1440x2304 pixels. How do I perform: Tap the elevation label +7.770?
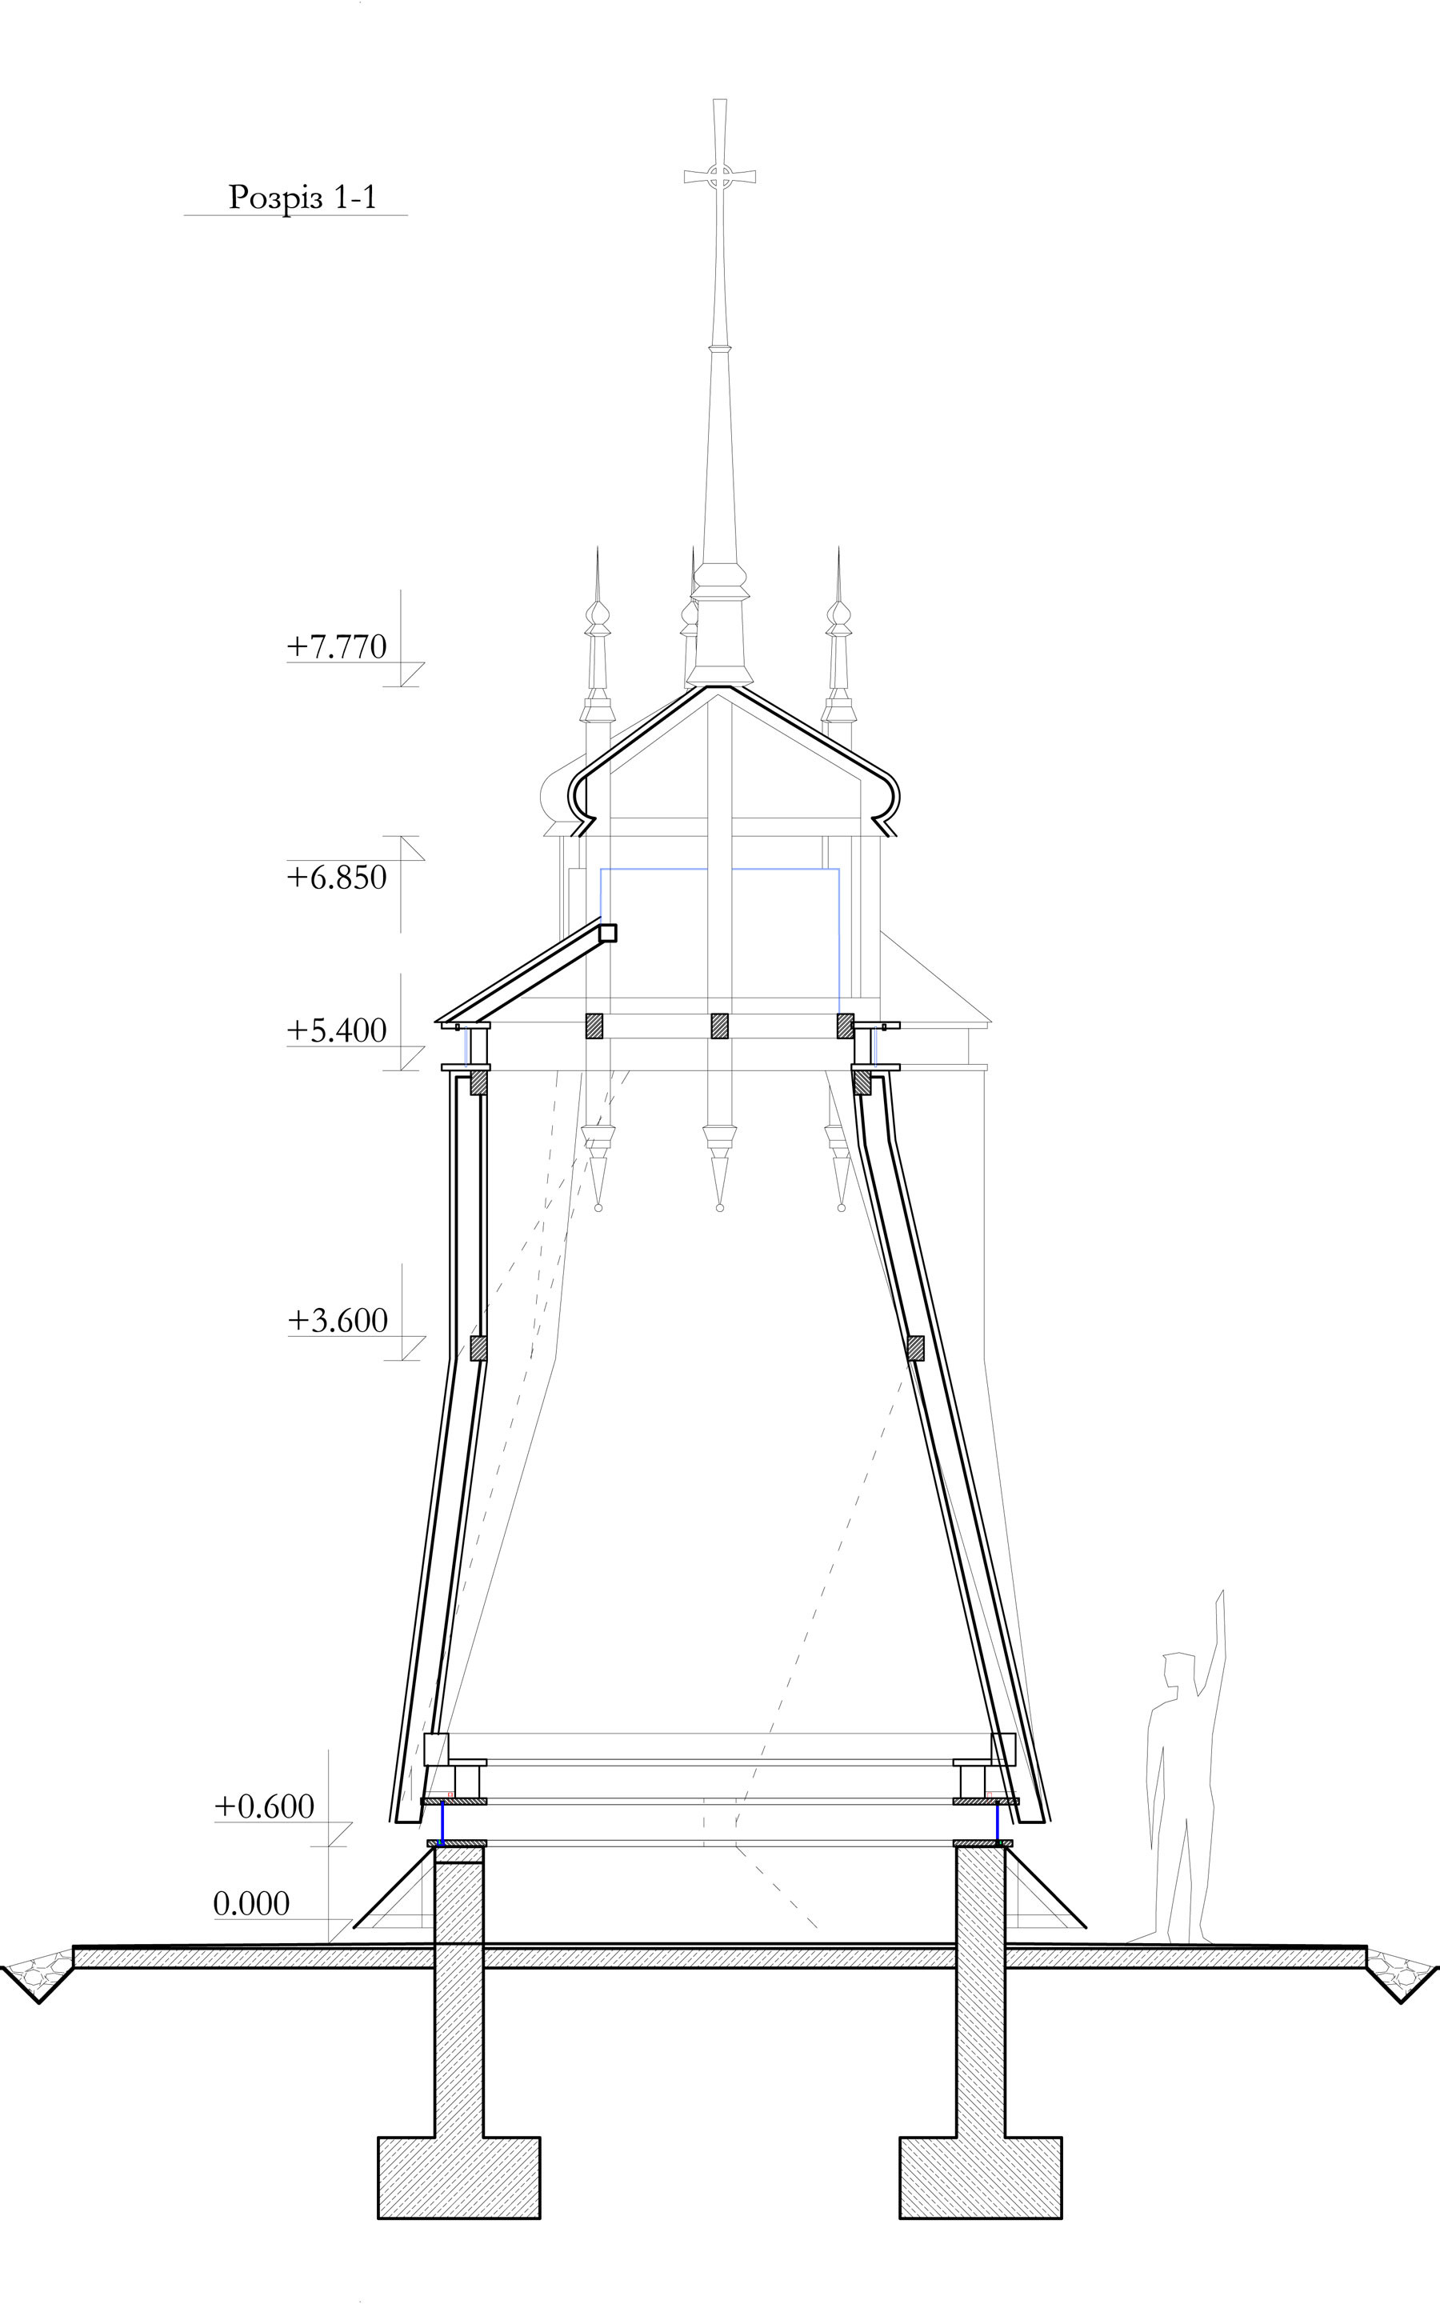[337, 646]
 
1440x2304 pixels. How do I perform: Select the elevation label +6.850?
[337, 877]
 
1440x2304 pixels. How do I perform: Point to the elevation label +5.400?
[337, 1030]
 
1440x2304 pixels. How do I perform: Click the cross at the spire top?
[720, 176]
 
